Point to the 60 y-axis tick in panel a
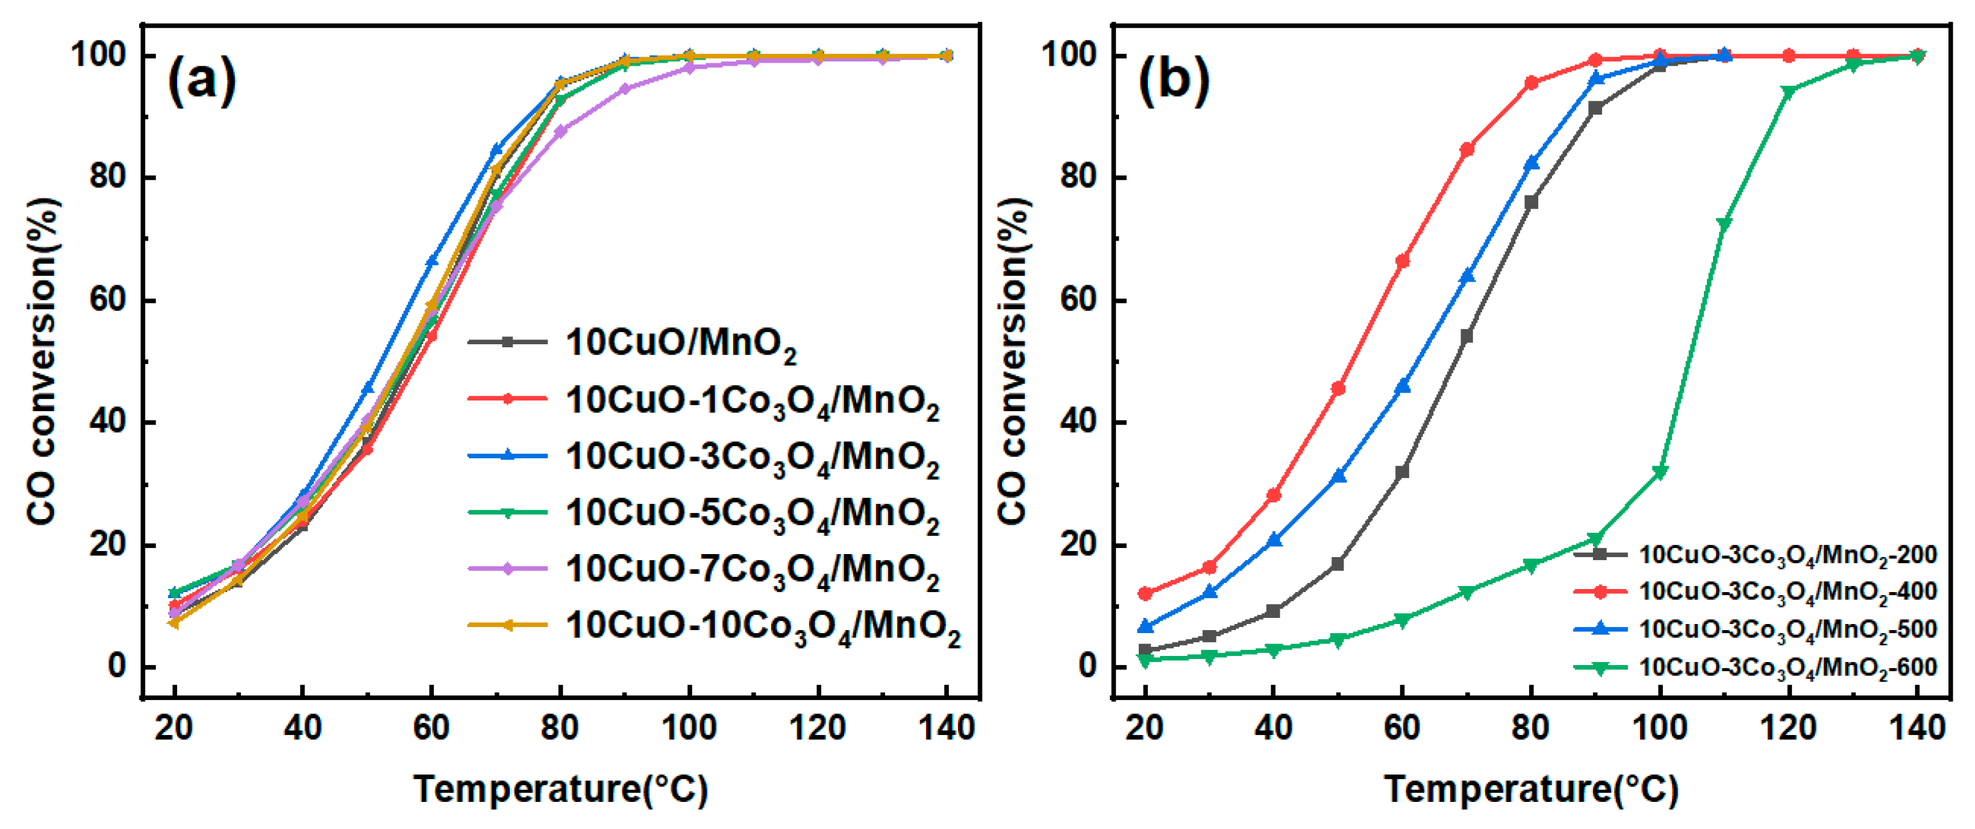(107, 300)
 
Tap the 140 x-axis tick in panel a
(946, 727)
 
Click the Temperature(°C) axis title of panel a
(560, 789)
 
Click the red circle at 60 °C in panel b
(1402, 262)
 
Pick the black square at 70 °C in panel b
(1466, 336)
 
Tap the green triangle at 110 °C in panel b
(1724, 224)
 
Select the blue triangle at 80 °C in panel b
(1531, 163)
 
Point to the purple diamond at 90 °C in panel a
(625, 89)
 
